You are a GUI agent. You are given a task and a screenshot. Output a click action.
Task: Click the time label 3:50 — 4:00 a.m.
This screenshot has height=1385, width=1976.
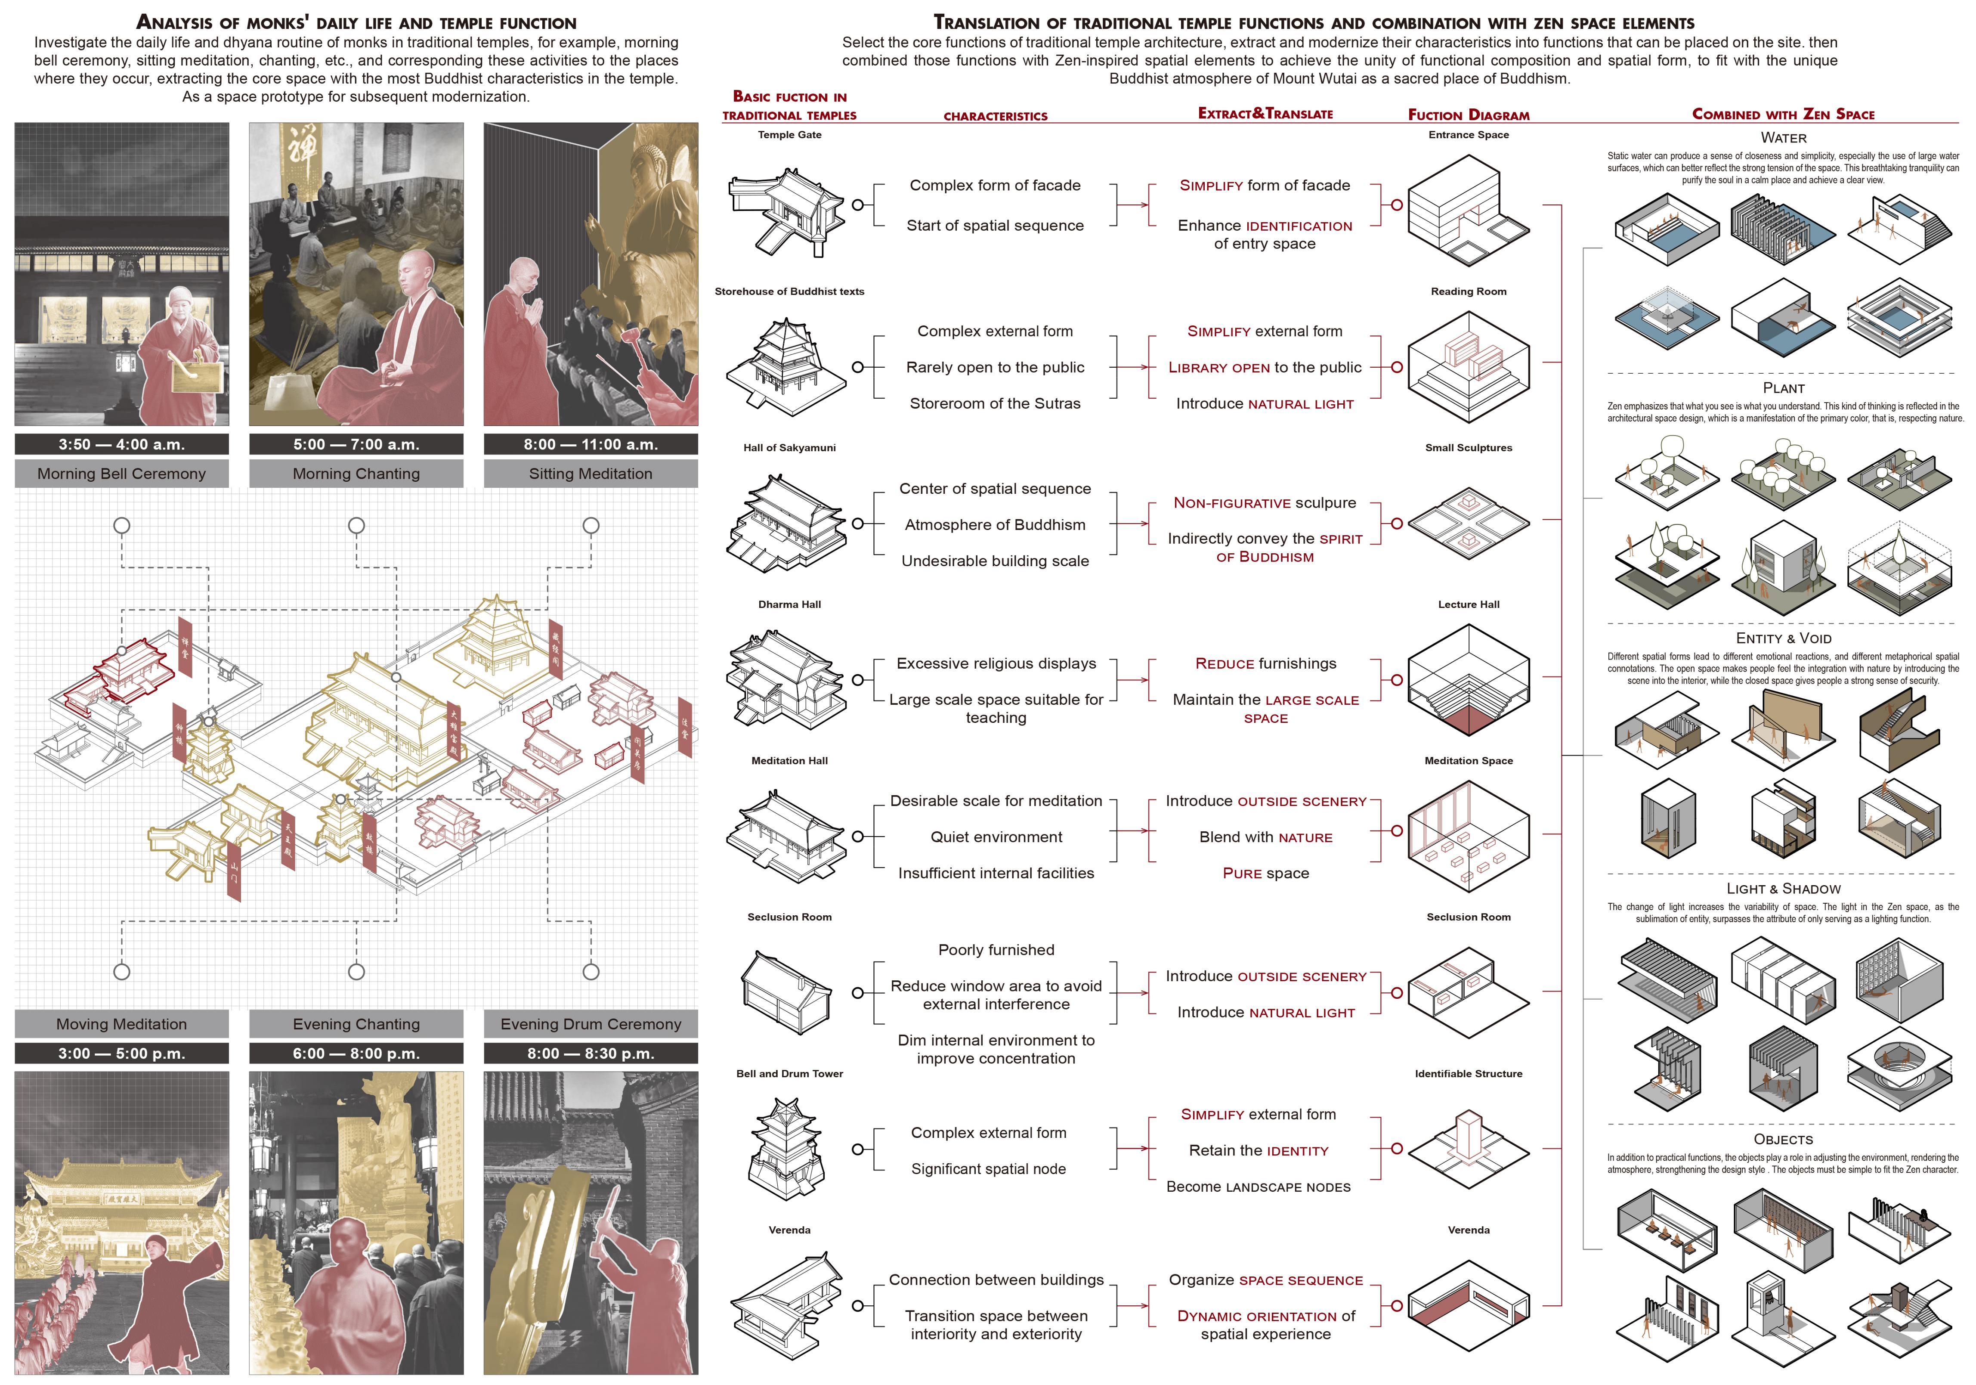coord(121,444)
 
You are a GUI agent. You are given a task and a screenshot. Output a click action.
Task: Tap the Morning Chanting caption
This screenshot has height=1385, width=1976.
coord(356,474)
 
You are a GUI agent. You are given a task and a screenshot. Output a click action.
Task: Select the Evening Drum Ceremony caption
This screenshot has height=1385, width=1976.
coord(591,1023)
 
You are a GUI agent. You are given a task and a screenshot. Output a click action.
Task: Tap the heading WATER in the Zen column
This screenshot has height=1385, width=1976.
coord(1783,138)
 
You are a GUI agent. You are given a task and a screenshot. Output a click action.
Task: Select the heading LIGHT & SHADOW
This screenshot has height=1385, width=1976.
coord(1783,888)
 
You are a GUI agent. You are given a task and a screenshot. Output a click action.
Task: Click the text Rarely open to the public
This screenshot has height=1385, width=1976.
coord(995,368)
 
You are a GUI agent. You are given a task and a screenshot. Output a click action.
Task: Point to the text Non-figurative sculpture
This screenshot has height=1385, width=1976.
coord(1264,503)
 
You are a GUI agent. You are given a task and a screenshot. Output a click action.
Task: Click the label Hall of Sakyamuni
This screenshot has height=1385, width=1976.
coord(789,448)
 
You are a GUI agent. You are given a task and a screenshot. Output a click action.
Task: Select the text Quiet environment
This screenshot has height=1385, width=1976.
coord(996,837)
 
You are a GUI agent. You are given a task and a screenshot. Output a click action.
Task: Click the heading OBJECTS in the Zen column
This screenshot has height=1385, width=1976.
coord(1783,1139)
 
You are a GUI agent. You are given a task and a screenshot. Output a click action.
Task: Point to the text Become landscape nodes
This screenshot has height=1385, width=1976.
coord(1258,1187)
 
